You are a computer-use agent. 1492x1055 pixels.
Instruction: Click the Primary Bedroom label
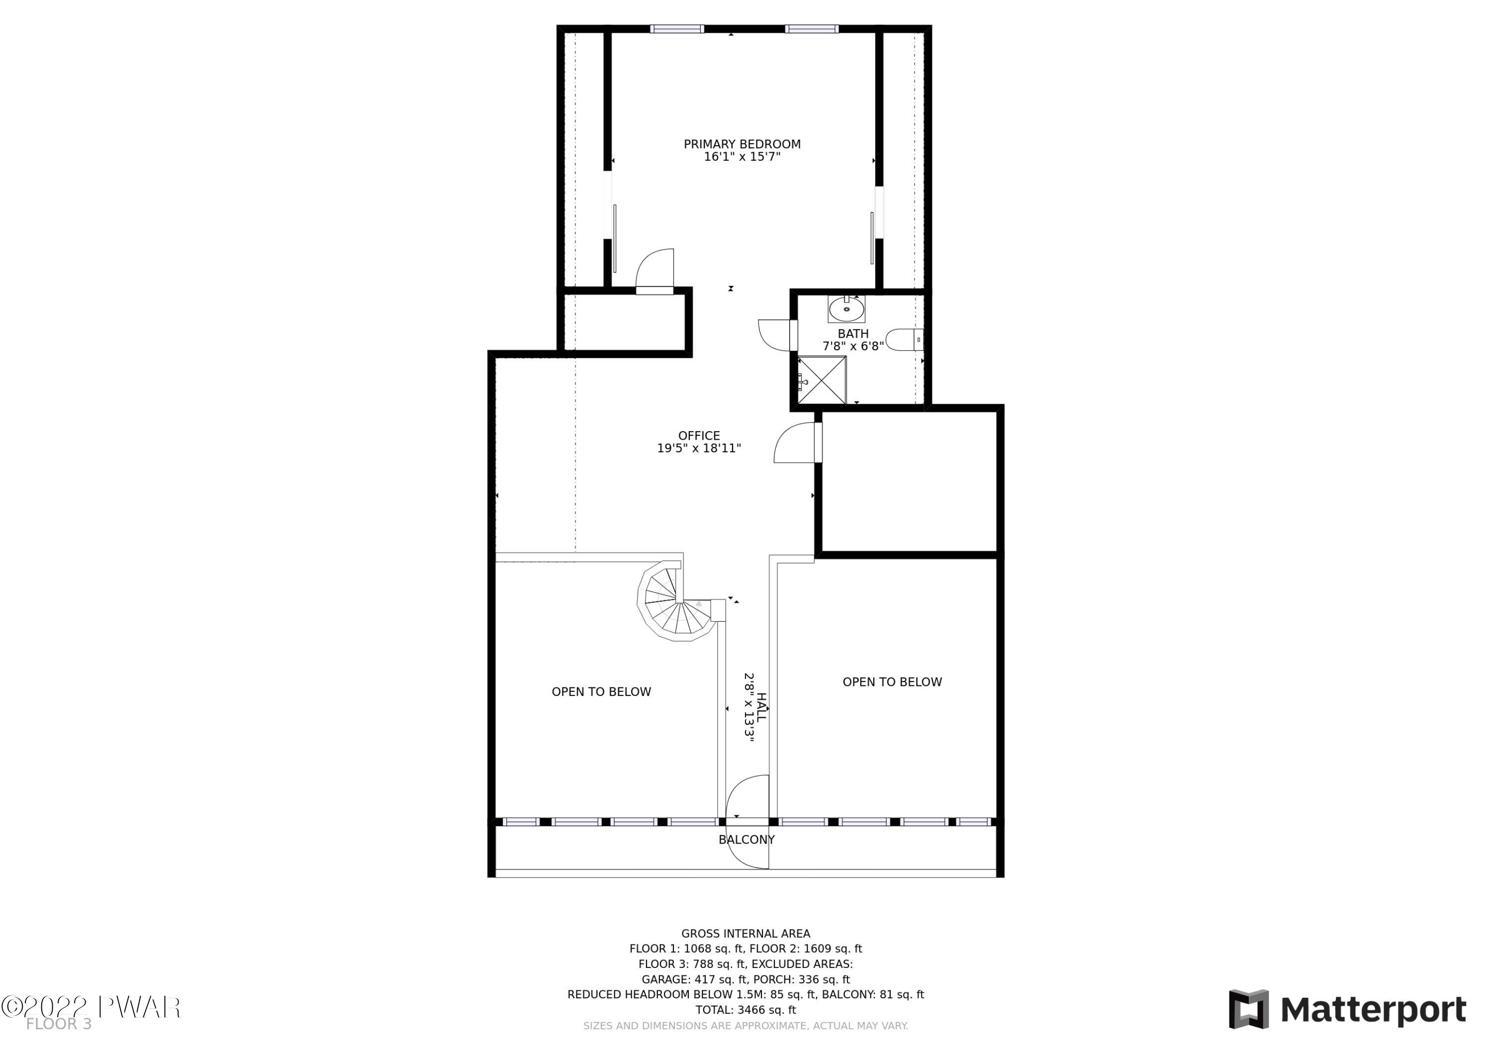coord(742,144)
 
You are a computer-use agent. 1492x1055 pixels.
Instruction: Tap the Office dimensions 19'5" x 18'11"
coord(699,448)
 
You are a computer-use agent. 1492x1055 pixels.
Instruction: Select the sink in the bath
coord(846,309)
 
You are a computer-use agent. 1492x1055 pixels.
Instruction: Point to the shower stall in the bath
coord(822,380)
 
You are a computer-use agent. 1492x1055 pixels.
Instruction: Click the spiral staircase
coord(679,601)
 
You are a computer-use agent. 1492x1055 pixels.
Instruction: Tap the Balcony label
coord(746,839)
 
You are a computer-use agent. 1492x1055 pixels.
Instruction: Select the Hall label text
coord(761,707)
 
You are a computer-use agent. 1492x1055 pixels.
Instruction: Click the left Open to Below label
coord(601,691)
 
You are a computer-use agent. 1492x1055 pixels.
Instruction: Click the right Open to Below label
coord(892,682)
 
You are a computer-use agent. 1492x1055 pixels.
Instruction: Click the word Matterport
coord(1373,1010)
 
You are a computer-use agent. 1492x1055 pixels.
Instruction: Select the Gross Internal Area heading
coord(746,934)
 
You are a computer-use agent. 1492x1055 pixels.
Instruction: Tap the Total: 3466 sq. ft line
coord(746,1010)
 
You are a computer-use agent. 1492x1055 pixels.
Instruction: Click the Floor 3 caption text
coord(59,1024)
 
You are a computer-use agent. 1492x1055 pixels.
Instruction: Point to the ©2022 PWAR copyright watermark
coord(91,1007)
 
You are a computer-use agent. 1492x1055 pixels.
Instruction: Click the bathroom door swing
coord(774,335)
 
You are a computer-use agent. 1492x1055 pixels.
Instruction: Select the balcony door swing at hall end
coord(747,822)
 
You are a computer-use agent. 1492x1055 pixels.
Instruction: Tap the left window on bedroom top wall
coord(677,29)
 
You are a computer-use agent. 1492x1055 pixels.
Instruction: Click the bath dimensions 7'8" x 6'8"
coord(853,346)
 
